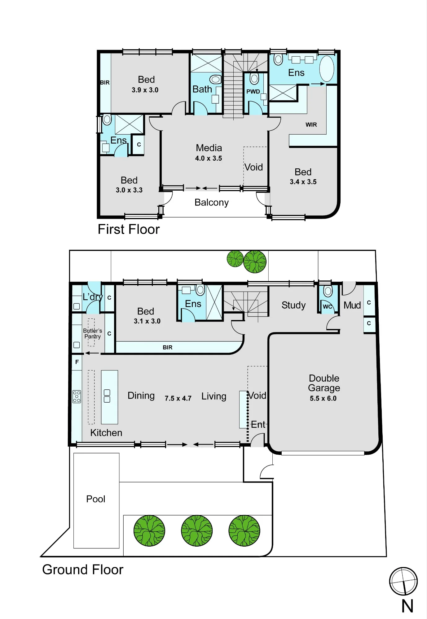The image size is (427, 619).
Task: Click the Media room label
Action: coord(209,148)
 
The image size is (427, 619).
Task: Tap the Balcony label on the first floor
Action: coord(212,202)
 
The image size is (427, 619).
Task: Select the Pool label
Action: coord(96,499)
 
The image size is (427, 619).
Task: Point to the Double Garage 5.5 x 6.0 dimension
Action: coord(323,398)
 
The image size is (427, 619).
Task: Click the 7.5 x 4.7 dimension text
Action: coord(178,398)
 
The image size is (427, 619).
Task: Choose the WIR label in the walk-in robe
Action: coord(311,125)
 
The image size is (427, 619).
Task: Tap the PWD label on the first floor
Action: coord(253,92)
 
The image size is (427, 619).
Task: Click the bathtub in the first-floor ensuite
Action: coord(327,69)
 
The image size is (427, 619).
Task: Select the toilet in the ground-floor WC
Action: coord(328,291)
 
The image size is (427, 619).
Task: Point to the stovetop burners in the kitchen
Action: coord(77,396)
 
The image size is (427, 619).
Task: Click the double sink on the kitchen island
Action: coord(107,396)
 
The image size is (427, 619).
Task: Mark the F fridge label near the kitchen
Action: coord(77,362)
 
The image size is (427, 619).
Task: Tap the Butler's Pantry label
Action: coord(93,334)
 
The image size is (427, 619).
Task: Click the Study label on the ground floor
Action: coord(293,305)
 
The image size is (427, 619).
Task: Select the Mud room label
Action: coord(352,305)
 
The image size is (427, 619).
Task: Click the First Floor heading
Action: coord(129,229)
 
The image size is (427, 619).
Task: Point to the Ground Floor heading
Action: coord(83,569)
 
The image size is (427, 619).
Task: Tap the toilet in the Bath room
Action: coord(216,80)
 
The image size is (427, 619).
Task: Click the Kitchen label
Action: coord(106,433)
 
